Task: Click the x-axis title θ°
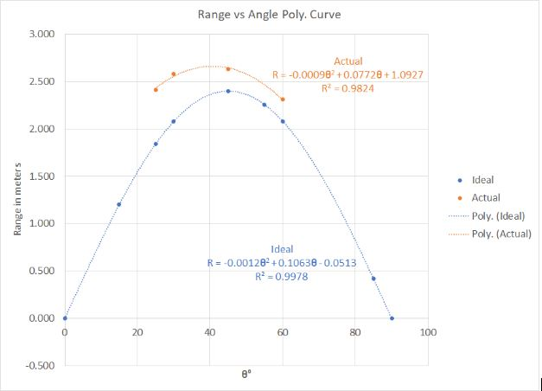point(246,375)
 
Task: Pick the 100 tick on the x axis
point(427,332)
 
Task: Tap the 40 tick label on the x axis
point(209,332)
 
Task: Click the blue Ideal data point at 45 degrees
point(228,91)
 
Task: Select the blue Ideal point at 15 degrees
point(119,204)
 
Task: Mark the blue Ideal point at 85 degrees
point(373,279)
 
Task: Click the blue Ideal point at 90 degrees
point(392,318)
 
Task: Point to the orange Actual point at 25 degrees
point(156,89)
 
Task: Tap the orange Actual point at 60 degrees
point(283,99)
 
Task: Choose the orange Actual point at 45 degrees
point(228,69)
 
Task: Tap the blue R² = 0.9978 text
point(282,276)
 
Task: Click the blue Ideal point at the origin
point(65,318)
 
